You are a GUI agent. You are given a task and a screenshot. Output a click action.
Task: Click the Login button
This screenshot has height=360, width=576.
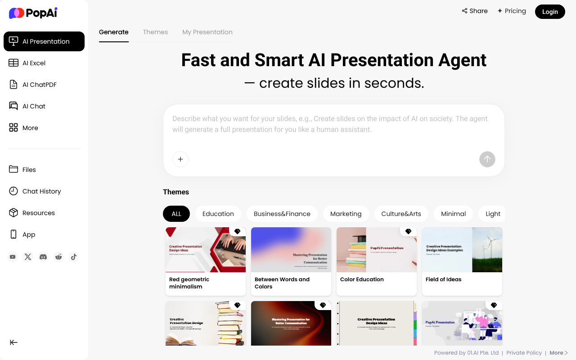(549, 12)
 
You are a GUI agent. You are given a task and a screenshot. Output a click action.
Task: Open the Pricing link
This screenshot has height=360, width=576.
(512, 11)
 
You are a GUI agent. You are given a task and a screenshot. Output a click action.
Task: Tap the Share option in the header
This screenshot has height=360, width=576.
(475, 11)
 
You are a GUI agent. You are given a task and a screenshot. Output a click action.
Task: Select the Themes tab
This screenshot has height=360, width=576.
(155, 32)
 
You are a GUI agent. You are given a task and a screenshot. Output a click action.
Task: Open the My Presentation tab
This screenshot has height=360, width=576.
(207, 32)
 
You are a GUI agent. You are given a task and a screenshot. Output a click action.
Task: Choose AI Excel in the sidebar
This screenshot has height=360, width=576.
(34, 63)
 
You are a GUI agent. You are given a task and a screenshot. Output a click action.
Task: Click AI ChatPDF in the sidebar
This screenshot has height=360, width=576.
(39, 85)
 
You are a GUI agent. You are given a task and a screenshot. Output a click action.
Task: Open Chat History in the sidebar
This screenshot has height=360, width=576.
(41, 191)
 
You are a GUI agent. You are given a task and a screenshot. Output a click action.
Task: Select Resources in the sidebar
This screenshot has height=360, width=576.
(38, 213)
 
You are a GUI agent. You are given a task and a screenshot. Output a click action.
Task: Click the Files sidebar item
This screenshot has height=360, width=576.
(29, 170)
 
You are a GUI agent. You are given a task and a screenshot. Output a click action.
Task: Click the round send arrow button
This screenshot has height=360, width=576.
(487, 159)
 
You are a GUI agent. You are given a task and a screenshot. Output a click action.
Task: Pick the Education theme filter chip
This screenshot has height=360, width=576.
(218, 214)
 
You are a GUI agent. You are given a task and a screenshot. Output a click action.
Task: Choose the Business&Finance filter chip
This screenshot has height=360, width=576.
(282, 214)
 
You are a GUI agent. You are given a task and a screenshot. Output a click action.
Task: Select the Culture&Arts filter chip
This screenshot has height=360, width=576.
(401, 214)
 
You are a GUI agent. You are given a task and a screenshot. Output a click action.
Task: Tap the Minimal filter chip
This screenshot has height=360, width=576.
(453, 214)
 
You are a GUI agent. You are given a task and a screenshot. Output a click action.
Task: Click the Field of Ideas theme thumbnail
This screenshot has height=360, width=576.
(462, 250)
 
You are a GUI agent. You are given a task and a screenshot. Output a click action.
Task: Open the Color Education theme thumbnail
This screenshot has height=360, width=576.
(377, 250)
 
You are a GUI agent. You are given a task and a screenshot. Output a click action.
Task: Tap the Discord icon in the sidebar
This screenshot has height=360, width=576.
(43, 257)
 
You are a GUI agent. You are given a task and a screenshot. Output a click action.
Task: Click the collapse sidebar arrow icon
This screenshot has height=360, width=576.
(14, 342)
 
